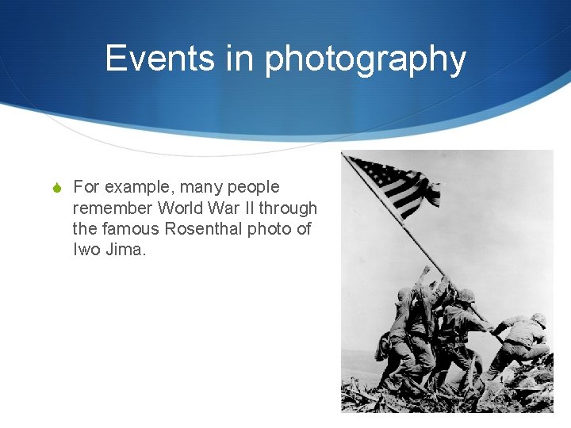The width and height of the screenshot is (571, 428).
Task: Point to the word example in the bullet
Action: (x=140, y=188)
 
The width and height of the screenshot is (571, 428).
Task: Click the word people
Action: (x=254, y=188)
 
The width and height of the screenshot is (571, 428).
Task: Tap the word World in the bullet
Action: (x=181, y=208)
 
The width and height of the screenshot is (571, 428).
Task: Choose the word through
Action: (x=288, y=208)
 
